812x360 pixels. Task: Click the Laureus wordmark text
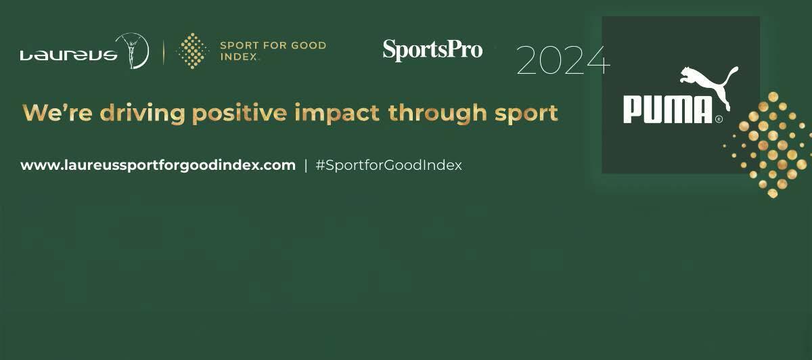(x=69, y=55)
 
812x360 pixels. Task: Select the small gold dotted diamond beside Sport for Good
(x=192, y=51)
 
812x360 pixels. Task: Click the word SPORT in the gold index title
(x=240, y=45)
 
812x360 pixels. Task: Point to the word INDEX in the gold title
(x=239, y=57)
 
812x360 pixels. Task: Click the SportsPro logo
(x=433, y=50)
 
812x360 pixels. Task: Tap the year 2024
(x=563, y=60)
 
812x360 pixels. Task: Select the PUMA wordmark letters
(x=668, y=110)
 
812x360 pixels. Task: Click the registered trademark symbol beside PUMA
(x=719, y=119)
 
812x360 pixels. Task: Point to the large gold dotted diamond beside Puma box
(x=768, y=145)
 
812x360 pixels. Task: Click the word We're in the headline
(x=58, y=113)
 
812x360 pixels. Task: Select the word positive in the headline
(x=240, y=114)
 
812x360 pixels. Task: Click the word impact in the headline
(x=337, y=114)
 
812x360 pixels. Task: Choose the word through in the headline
(x=438, y=114)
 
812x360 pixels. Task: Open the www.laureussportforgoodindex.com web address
(x=158, y=165)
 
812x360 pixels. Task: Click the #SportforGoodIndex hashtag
(x=389, y=165)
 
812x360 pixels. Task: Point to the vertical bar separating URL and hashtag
(x=306, y=166)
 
